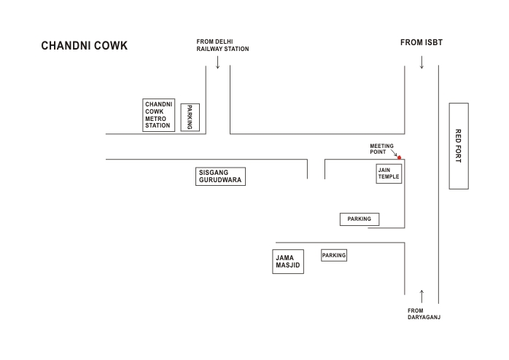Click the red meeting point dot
click(400, 157)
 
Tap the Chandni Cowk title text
click(85, 46)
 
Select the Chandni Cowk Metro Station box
click(159, 115)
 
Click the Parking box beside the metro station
click(190, 117)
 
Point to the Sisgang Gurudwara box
click(220, 176)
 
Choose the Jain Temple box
click(389, 173)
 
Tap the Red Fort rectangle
click(459, 146)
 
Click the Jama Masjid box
click(288, 262)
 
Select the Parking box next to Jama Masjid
click(334, 255)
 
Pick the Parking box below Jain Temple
click(360, 219)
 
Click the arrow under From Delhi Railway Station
click(218, 62)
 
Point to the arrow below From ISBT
click(421, 62)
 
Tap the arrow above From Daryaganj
click(421, 297)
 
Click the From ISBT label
click(421, 42)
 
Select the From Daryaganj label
click(424, 314)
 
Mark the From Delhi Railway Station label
click(222, 45)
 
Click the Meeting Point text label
click(382, 149)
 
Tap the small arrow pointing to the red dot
click(394, 153)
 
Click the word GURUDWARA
click(220, 180)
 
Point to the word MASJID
click(288, 265)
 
